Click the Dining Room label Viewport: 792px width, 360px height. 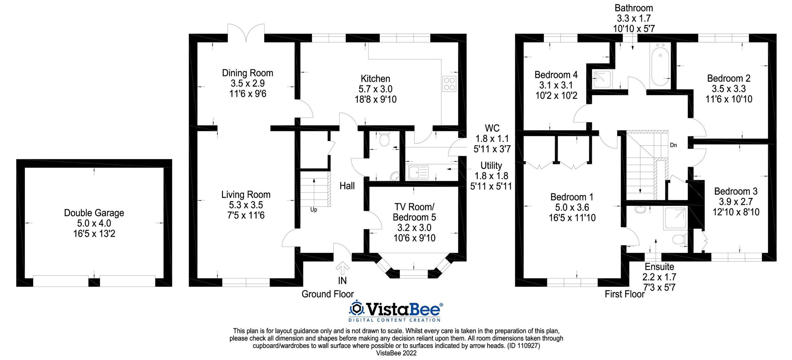pos(247,73)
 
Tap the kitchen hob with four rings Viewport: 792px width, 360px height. pos(449,84)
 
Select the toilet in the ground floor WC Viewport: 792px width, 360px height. pos(384,140)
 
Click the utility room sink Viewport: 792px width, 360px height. pos(418,172)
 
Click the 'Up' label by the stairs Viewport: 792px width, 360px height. pos(313,210)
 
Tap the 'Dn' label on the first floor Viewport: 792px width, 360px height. pos(673,145)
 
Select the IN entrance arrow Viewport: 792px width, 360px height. pos(343,268)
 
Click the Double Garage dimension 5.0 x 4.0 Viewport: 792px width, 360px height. pos(94,223)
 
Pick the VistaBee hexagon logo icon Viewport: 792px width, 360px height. pos(356,309)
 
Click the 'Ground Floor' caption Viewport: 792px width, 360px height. pos(327,294)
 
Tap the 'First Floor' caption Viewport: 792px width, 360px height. pos(624,294)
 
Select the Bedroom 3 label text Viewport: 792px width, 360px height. pos(736,191)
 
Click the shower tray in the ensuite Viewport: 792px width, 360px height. pos(675,218)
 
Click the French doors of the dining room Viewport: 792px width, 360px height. pos(246,33)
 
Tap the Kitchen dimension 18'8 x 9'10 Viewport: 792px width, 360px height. pos(376,99)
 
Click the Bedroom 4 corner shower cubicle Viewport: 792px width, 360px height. pos(602,79)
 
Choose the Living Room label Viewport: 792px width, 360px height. pos(246,195)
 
